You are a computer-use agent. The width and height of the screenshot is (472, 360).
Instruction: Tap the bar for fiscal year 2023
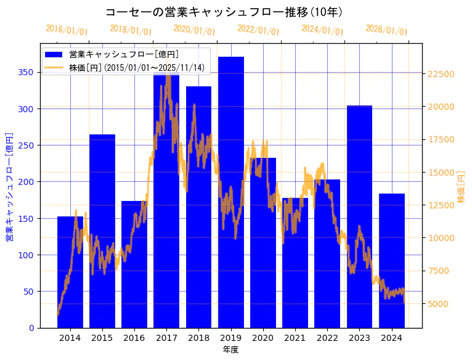[359, 216]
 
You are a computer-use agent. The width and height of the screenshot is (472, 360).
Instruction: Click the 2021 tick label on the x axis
[295, 338]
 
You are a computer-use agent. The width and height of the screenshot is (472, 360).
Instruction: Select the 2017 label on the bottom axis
[166, 338]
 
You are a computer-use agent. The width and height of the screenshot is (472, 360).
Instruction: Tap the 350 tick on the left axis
[26, 72]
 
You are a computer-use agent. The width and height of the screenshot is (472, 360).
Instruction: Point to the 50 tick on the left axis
[29, 291]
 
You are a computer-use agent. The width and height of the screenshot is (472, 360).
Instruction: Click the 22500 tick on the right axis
[441, 74]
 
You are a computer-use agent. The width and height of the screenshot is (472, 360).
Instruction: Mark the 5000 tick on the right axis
[438, 303]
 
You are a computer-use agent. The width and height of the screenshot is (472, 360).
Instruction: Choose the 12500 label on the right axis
[441, 205]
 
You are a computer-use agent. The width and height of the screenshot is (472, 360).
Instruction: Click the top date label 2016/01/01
[67, 30]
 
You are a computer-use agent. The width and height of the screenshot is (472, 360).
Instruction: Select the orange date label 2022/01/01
[258, 30]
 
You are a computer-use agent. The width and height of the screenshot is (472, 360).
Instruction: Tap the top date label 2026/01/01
[386, 30]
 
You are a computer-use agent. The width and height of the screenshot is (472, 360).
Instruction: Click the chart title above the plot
[224, 12]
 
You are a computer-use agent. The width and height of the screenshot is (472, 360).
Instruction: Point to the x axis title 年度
[230, 350]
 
